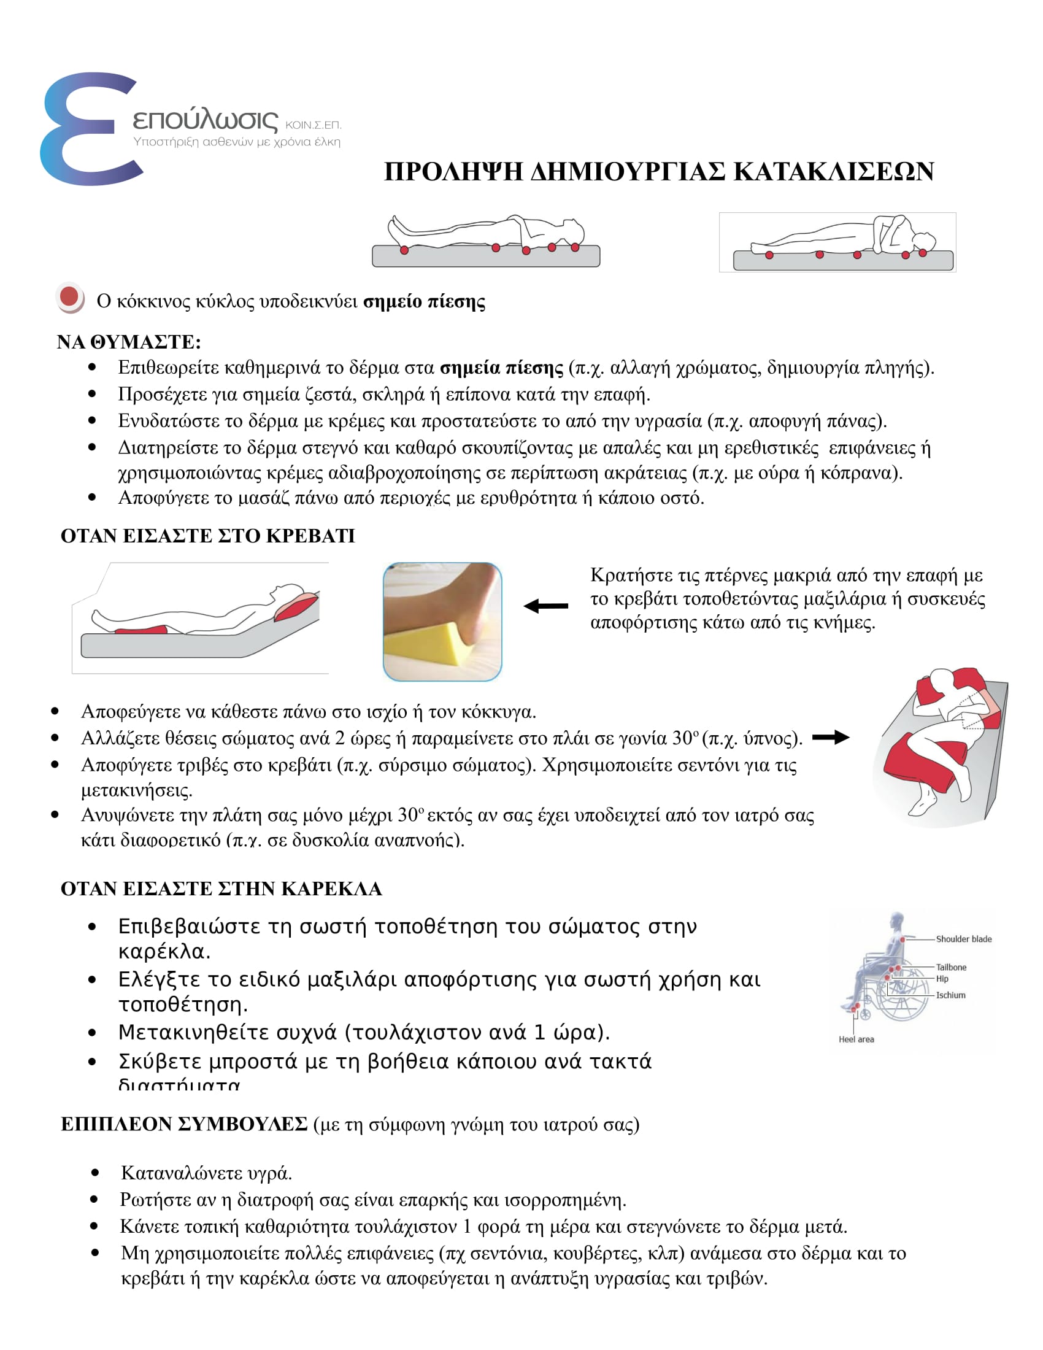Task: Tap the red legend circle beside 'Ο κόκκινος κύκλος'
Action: [x=69, y=298]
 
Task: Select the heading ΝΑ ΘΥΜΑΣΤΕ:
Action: [x=128, y=342]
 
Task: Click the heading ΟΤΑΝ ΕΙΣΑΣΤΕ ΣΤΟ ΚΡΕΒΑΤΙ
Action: [x=207, y=535]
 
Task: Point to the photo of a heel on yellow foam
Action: [x=442, y=621]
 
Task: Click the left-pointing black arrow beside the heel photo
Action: [x=545, y=606]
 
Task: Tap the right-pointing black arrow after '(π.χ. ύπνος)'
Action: [x=831, y=737]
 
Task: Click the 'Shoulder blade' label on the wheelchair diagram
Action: [x=963, y=939]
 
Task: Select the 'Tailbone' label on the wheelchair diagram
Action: [x=951, y=967]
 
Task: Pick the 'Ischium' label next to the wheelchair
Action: [x=950, y=995]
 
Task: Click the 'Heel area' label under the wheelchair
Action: [x=856, y=1039]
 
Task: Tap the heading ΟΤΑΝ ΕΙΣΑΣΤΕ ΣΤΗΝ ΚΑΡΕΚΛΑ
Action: [x=221, y=889]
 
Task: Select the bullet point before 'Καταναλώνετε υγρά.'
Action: [x=94, y=1173]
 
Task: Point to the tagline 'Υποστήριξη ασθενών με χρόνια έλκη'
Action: [x=237, y=142]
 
